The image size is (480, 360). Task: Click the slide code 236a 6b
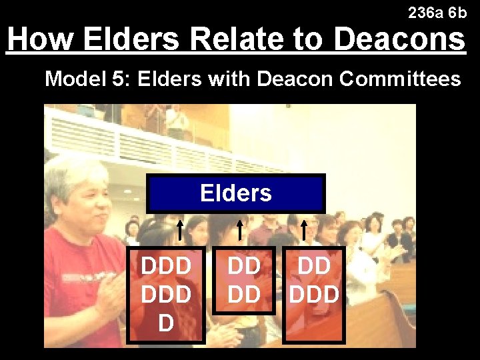437,12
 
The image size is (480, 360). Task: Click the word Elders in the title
131,39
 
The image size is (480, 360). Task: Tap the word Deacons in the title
399,39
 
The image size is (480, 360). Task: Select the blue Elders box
236,193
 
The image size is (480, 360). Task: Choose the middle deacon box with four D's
244,280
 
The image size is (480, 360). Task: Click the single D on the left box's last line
166,323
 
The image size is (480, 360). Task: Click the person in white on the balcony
177,122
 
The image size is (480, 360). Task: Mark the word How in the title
41,39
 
